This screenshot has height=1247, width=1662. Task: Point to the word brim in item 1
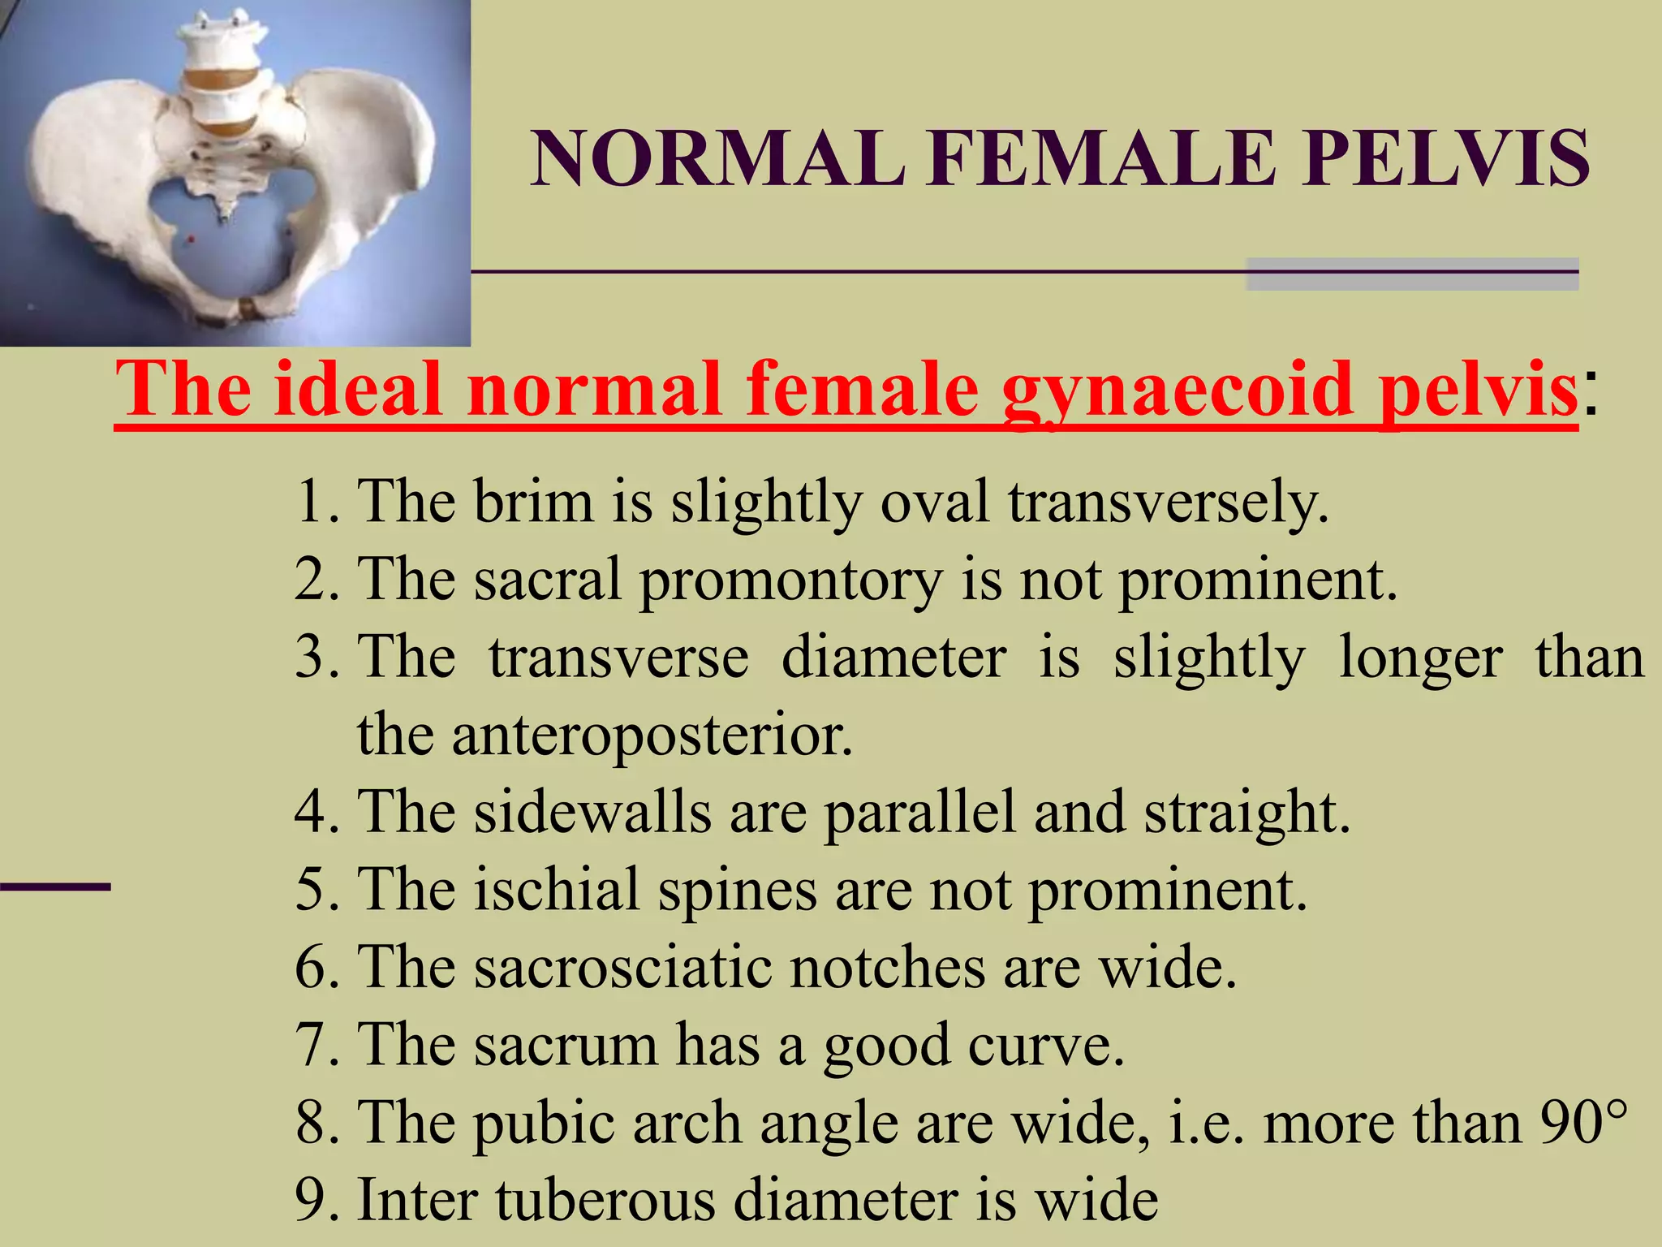click(533, 501)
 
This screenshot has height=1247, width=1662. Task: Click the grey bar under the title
click(1411, 274)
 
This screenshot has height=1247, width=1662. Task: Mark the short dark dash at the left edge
click(55, 887)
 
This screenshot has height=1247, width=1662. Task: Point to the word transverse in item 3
click(618, 657)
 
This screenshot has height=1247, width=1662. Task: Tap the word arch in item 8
click(687, 1123)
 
